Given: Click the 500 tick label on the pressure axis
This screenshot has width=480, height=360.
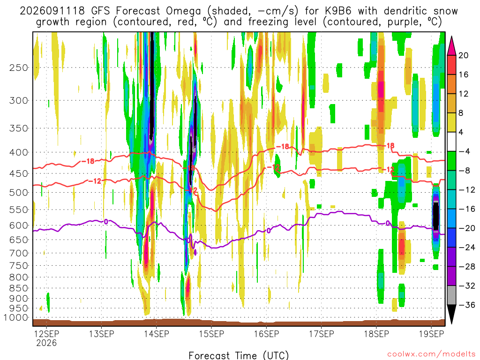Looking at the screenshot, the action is click(x=18, y=193).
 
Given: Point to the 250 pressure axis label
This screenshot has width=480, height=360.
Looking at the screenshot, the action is click(x=18, y=67).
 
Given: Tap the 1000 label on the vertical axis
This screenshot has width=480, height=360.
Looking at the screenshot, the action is click(x=16, y=318).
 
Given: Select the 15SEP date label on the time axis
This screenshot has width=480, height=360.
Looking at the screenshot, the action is click(x=211, y=334).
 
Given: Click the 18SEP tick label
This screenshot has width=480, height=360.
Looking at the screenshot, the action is click(x=376, y=334).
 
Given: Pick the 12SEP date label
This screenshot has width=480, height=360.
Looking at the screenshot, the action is click(x=46, y=334).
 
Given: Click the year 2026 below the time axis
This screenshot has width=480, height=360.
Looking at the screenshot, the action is click(x=46, y=343).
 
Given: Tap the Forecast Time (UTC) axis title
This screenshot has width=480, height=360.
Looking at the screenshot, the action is click(x=239, y=355).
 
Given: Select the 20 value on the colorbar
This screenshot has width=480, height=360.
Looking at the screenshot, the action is click(x=463, y=55).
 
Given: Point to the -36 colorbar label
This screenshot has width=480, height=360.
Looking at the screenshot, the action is click(x=467, y=305).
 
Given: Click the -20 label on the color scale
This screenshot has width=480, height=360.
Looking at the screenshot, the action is click(x=467, y=228).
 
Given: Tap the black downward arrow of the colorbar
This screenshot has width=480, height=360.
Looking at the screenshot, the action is click(x=451, y=314).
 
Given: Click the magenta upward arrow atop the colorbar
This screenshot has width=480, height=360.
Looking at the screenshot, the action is click(x=451, y=46).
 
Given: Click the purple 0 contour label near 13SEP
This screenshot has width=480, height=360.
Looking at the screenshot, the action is click(x=106, y=222).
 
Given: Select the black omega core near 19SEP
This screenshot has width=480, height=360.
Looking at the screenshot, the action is click(x=435, y=216).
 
